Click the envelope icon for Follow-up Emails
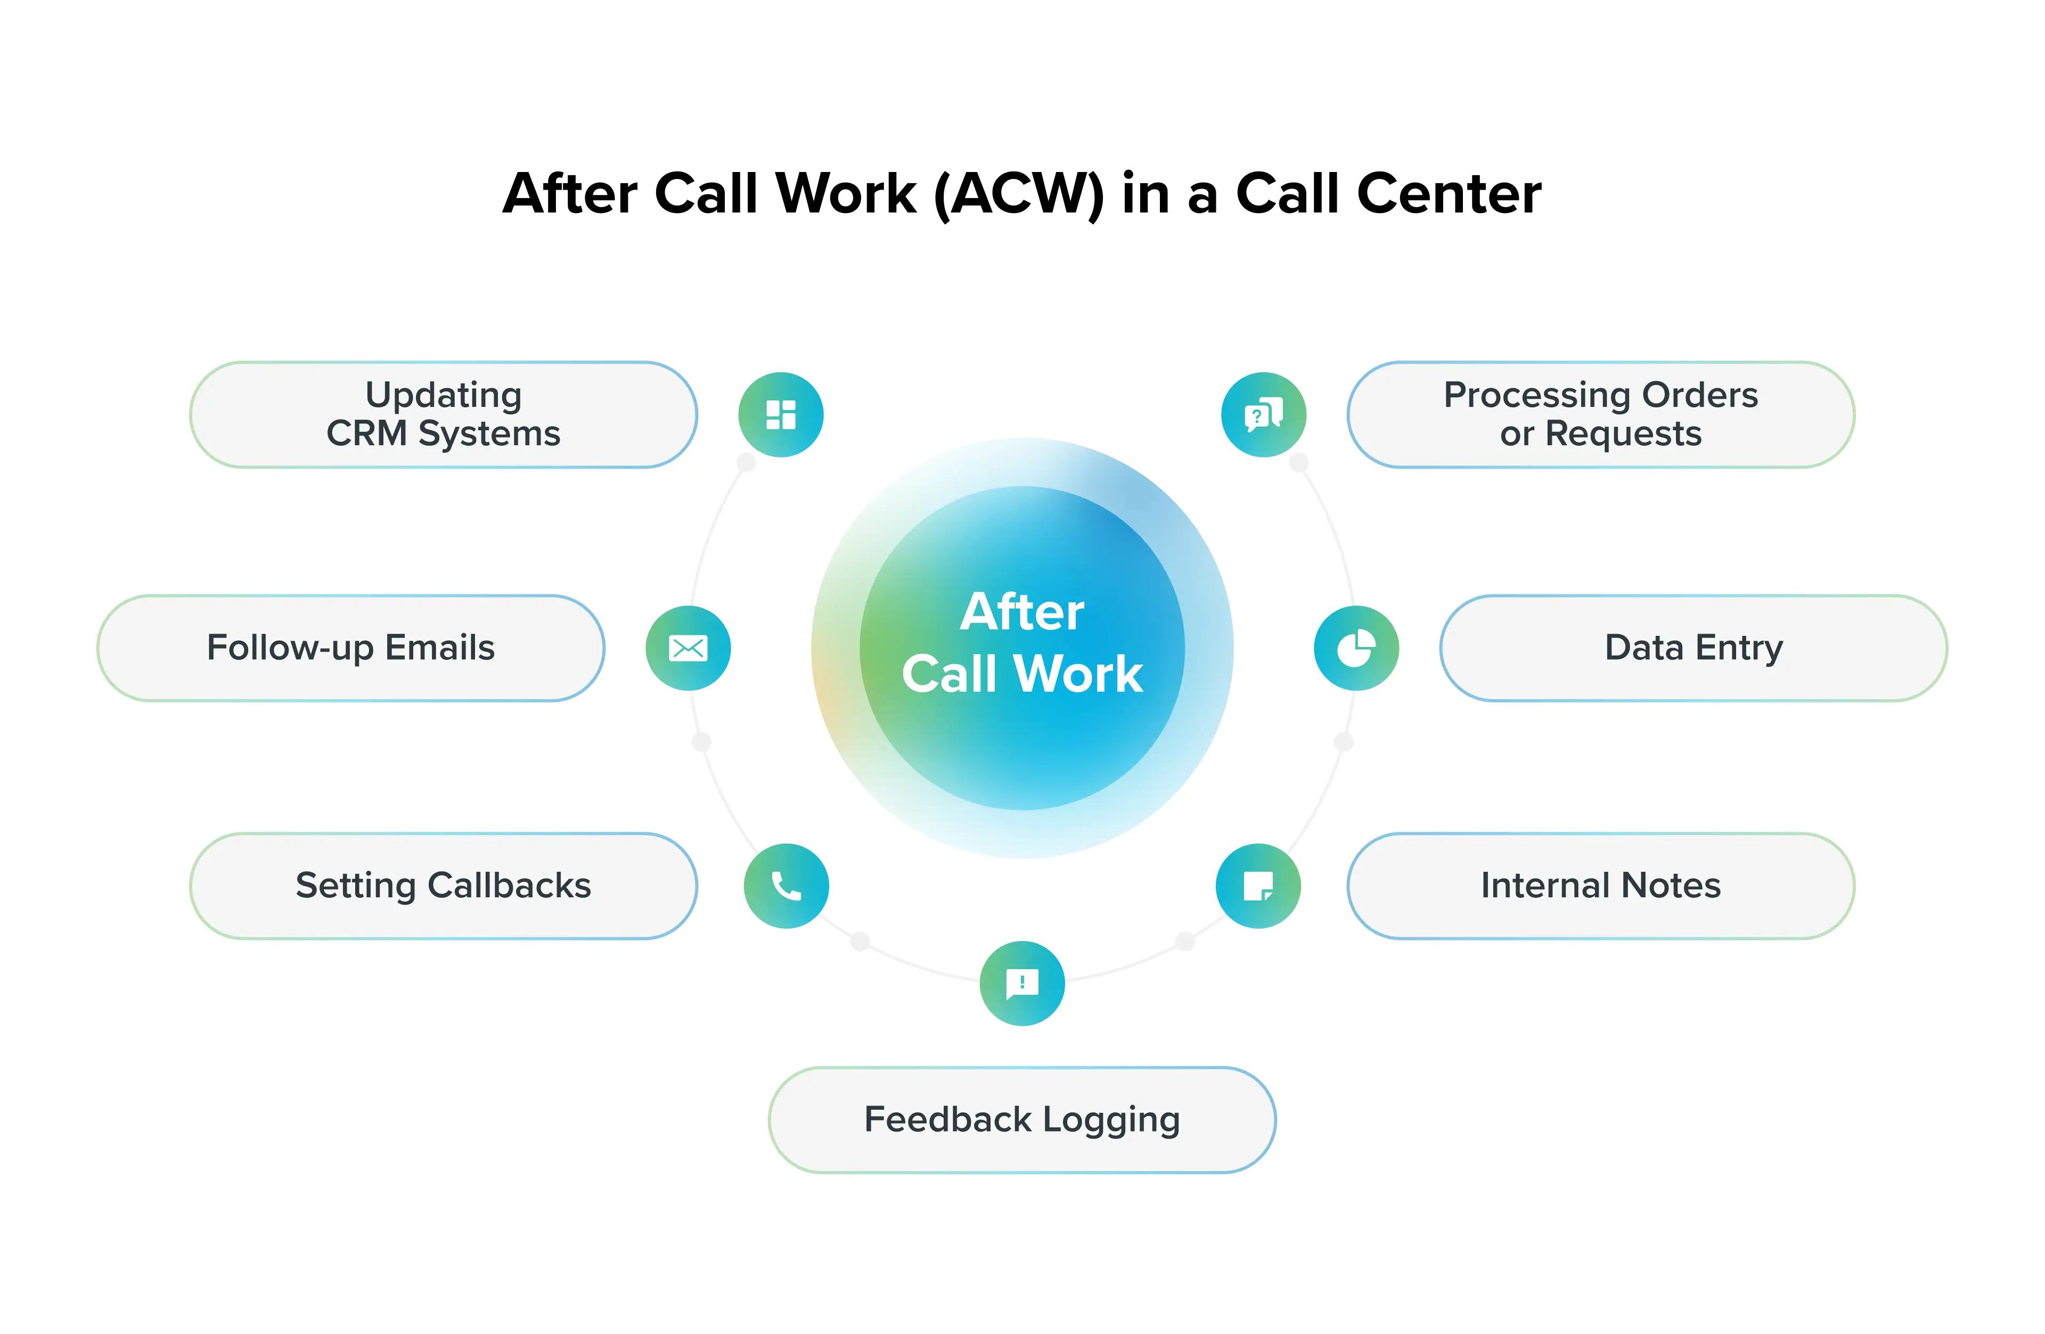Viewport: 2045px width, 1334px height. (688, 649)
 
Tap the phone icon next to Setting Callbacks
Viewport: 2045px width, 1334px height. (786, 886)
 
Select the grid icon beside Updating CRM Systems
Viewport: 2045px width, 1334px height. (781, 415)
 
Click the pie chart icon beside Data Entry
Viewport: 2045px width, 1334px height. (1356, 649)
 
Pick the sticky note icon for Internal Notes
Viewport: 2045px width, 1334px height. (1258, 886)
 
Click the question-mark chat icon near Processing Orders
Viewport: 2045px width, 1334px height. (1263, 415)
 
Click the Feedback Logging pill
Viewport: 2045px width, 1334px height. (1021, 1119)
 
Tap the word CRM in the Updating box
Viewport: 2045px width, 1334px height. (367, 434)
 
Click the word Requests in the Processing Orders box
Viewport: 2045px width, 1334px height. (1623, 434)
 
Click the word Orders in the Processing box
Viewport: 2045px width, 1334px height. (1699, 395)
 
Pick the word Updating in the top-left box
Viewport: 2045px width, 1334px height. (444, 395)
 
